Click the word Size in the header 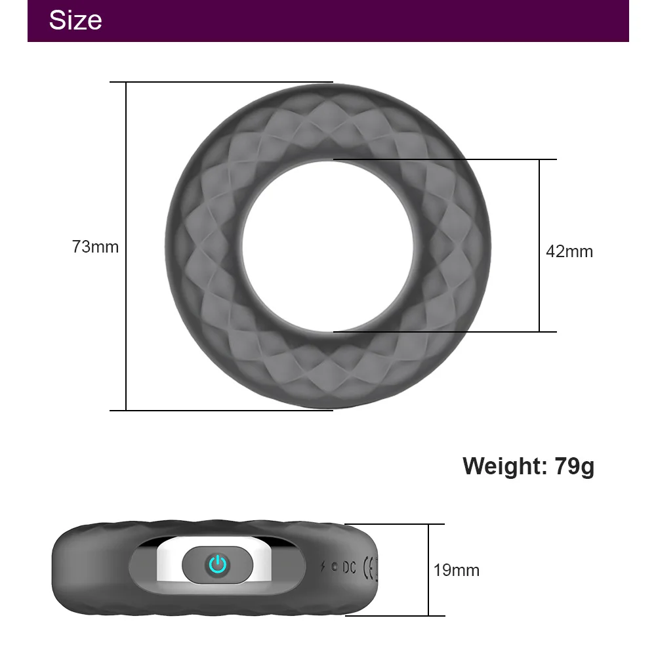coord(75,20)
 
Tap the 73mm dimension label coord(95,247)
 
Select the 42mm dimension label coord(569,251)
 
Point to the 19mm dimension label coord(457,570)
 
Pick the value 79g coord(575,466)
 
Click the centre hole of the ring coord(327,245)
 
